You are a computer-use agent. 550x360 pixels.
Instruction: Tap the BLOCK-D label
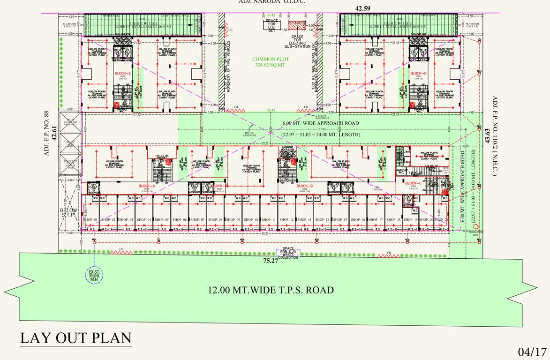418,74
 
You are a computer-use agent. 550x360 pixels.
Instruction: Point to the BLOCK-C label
413,183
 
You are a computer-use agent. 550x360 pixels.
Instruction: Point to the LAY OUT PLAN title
75,337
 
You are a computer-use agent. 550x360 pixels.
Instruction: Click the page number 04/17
532,351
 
